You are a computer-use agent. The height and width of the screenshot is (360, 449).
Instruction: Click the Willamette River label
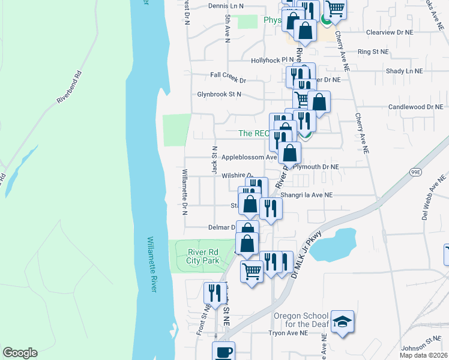[151, 265]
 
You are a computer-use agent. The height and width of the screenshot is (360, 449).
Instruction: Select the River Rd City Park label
[202, 256]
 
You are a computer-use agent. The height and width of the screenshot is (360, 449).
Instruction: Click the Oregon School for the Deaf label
[301, 320]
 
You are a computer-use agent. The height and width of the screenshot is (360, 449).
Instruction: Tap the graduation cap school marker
[342, 322]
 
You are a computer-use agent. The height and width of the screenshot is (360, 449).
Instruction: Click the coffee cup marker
[223, 352]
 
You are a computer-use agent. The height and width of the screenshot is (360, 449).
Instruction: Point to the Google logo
[20, 353]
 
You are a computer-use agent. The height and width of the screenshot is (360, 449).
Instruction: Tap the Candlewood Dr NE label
[418, 107]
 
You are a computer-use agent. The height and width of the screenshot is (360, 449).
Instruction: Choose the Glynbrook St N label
[219, 94]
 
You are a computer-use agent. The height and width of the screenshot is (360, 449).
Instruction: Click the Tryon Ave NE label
[288, 333]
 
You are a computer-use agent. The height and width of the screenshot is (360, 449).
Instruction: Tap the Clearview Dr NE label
[390, 32]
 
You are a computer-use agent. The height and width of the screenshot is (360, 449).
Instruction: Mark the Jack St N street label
[214, 160]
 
